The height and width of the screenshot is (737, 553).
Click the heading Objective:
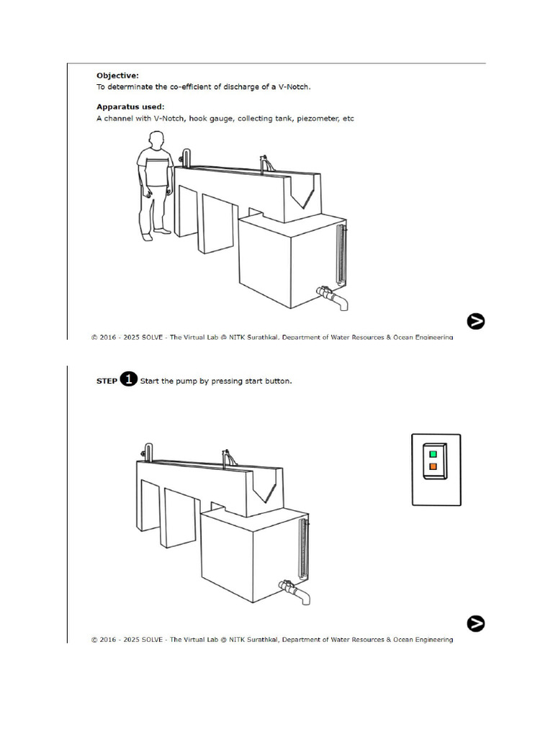tap(117, 75)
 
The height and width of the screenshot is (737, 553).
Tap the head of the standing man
tap(156, 141)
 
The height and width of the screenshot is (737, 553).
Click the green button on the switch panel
tap(433, 454)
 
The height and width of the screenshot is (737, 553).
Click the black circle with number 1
tap(128, 379)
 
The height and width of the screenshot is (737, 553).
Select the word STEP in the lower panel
tap(107, 381)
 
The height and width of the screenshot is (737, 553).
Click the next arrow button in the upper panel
tap(475, 321)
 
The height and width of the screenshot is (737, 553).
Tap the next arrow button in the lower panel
tap(475, 623)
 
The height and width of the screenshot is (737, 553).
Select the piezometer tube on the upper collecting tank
tap(341, 256)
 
